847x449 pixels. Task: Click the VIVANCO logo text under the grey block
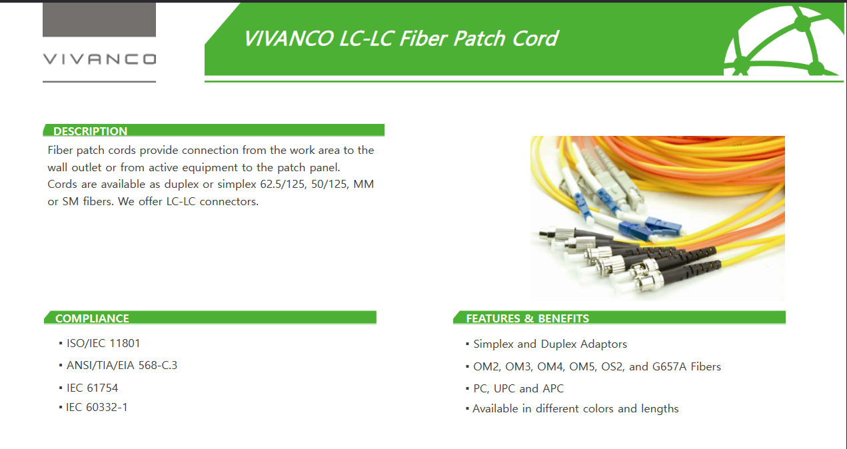point(99,59)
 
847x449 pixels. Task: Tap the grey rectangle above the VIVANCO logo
point(99,20)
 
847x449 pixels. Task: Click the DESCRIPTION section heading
point(90,131)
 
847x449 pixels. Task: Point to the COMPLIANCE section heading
point(92,318)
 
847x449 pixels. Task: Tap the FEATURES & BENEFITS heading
point(528,318)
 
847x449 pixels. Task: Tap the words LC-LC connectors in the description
point(213,201)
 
